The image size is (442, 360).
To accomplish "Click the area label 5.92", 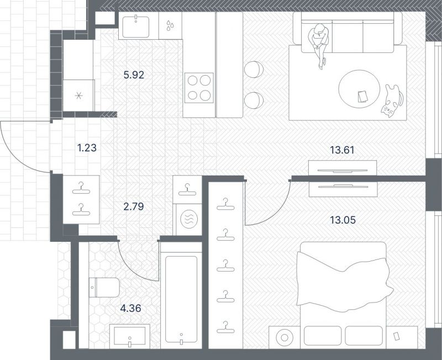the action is click(134, 75).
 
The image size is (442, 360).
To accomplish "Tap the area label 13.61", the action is click(342, 150).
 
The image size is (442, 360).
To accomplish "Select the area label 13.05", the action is click(343, 220).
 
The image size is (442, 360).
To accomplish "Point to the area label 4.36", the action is click(130, 308).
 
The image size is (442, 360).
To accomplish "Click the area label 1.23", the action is click(87, 147).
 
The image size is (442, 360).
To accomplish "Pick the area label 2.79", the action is click(134, 207).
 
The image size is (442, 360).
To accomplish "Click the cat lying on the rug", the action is click(392, 101).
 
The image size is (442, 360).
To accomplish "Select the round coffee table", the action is click(359, 89).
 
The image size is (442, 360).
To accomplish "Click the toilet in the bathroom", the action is click(104, 287).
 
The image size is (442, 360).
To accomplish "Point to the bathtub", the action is click(181, 299).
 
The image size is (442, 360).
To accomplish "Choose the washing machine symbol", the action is click(189, 219).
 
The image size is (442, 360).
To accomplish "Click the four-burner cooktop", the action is click(199, 88).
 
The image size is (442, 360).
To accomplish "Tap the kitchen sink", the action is click(136, 27).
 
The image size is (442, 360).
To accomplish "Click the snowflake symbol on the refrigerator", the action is click(79, 96).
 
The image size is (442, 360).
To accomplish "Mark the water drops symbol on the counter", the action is click(170, 25).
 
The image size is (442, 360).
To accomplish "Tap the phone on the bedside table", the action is click(397, 336).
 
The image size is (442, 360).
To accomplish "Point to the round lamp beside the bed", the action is click(285, 337).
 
